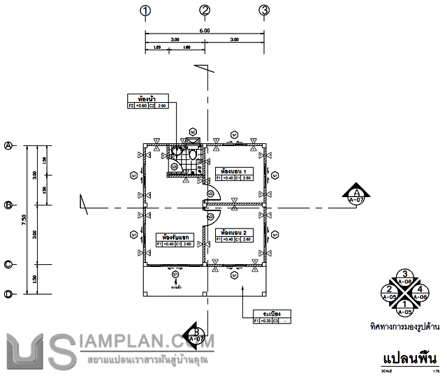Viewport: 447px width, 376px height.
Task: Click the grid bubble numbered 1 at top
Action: click(145, 10)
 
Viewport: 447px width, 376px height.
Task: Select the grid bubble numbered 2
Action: click(205, 10)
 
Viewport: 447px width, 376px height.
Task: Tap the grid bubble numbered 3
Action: click(264, 10)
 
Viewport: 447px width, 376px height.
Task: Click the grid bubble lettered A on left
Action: click(9, 145)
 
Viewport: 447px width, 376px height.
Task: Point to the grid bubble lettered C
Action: click(9, 264)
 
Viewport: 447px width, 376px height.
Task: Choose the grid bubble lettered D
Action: click(9, 294)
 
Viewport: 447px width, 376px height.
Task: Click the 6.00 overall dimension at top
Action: click(205, 31)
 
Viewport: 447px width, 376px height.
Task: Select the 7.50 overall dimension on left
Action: click(24, 219)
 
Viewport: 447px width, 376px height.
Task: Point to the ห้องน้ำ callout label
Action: click(147, 98)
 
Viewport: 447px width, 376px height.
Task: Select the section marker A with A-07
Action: click(356, 195)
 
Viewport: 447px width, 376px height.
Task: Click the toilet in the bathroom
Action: click(193, 154)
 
